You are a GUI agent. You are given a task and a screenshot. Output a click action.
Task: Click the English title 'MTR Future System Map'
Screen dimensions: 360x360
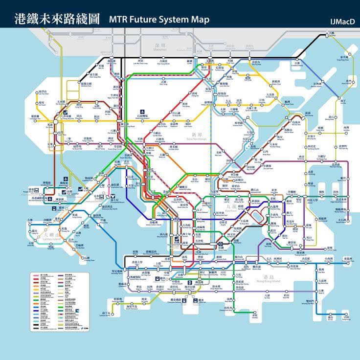click(159, 20)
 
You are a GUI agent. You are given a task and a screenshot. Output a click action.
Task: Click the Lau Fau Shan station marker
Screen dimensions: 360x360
click(36, 93)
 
